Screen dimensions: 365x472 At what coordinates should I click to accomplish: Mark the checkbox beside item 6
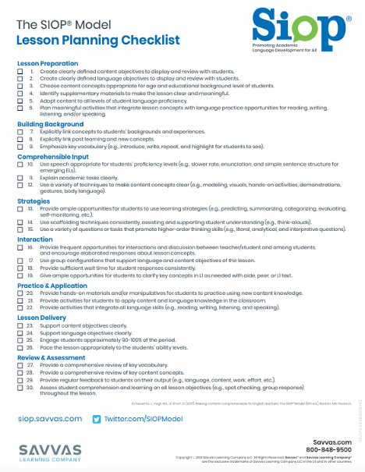coord(20,108)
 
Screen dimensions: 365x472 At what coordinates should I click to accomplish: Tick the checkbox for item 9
coord(20,147)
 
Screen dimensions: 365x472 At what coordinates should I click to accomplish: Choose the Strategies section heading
coord(34,201)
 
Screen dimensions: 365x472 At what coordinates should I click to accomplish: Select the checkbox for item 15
coord(20,231)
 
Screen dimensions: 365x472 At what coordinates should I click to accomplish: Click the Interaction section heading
coord(35,240)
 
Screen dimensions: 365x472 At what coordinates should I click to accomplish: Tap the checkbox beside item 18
coord(20,267)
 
